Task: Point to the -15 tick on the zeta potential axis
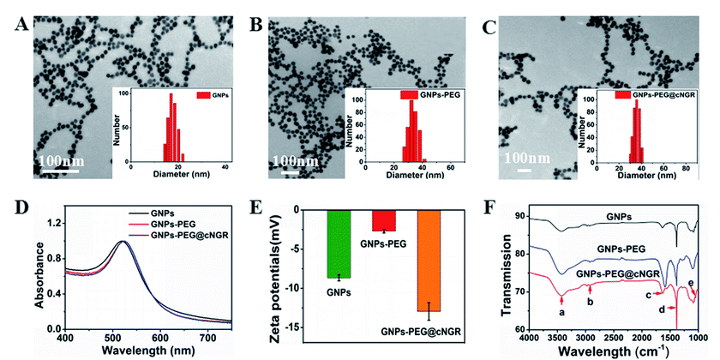(x=287, y=327)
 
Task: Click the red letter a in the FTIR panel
(x=561, y=315)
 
